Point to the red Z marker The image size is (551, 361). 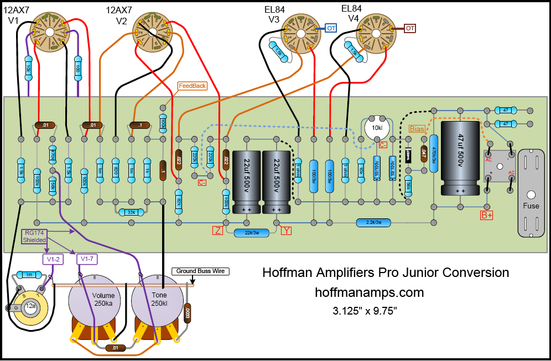218,231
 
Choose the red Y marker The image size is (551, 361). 286,231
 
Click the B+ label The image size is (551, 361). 487,215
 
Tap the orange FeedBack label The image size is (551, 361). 192,86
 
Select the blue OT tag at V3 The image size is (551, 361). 331,28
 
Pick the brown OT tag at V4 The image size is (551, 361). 410,28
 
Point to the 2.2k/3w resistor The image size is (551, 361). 373,222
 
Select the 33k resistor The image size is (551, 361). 132,212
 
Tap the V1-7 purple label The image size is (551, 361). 87,259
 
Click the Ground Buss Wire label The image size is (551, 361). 200,271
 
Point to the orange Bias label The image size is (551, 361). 418,129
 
